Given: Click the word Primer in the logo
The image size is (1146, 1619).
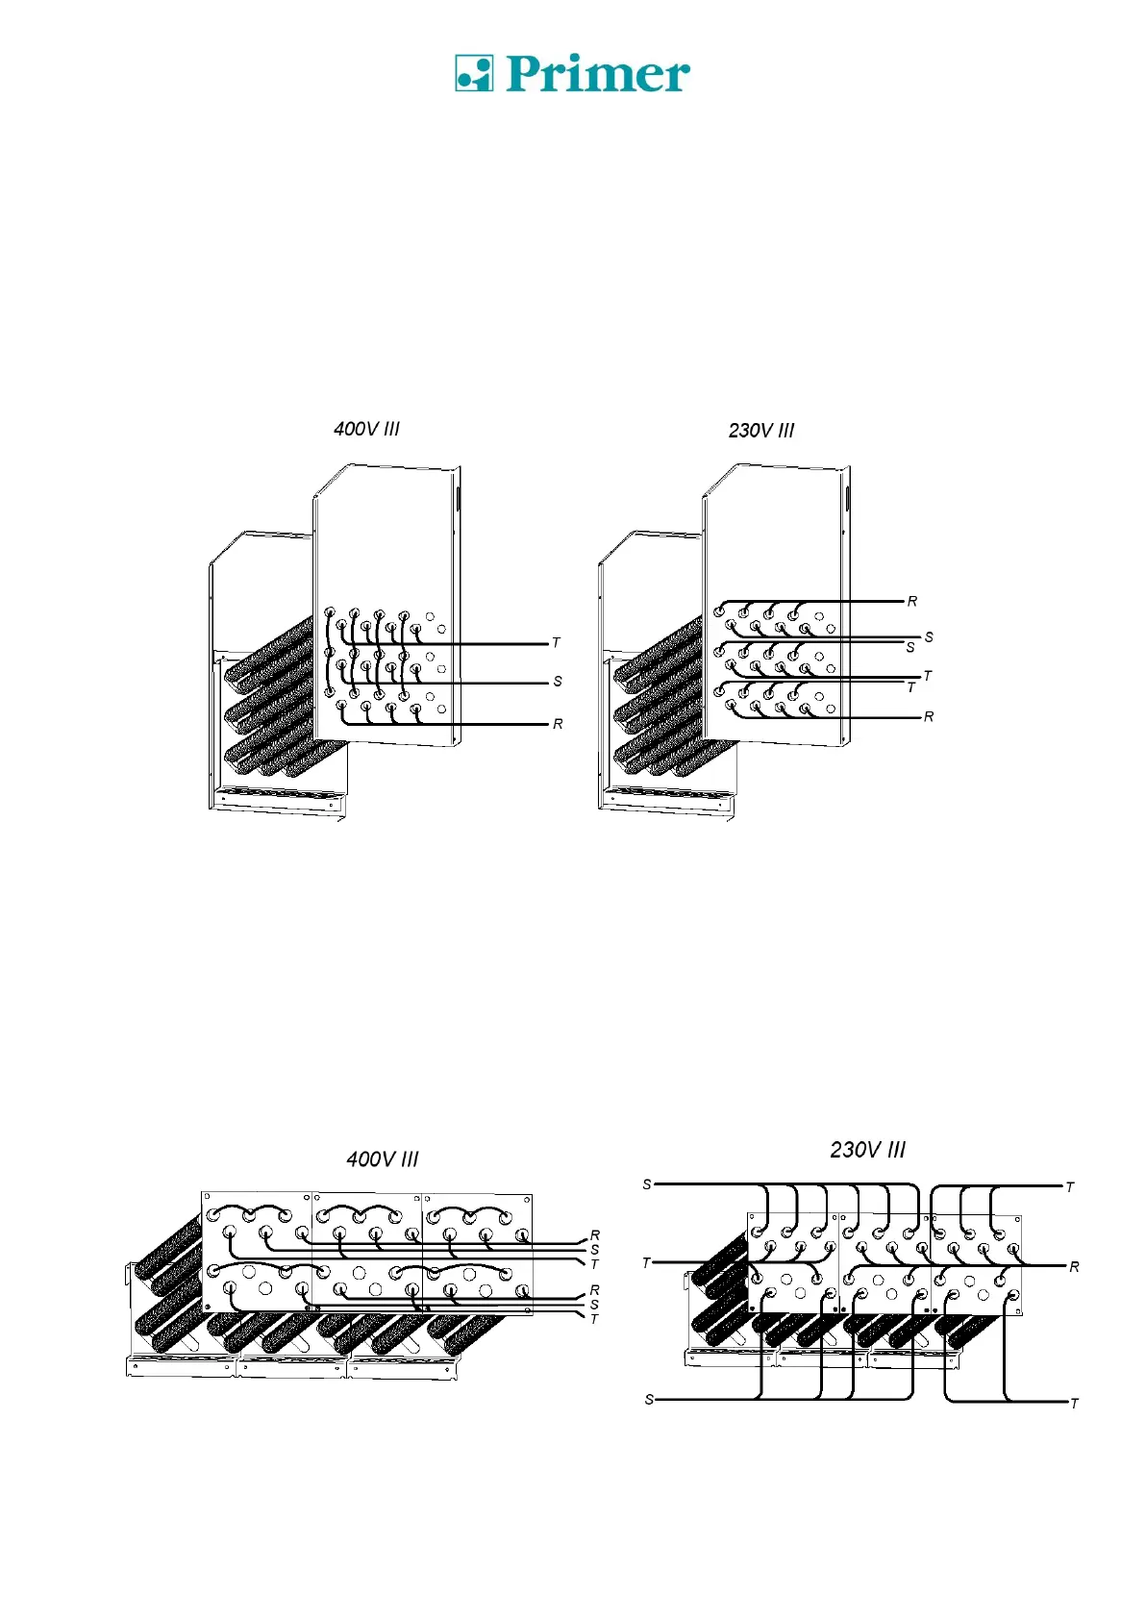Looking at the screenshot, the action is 597,74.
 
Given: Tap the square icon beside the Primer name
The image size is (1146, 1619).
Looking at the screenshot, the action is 473,73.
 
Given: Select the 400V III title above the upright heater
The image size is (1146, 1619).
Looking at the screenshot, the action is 366,429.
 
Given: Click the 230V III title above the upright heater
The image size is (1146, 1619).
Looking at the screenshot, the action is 761,431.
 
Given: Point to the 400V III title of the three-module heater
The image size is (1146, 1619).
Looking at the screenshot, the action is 383,1159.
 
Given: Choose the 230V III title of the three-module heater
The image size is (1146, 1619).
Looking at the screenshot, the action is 867,1150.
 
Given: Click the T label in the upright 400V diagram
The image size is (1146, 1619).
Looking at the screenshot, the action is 556,643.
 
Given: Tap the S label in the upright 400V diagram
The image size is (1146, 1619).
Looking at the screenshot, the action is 558,682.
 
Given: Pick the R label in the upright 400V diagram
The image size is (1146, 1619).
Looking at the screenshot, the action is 558,724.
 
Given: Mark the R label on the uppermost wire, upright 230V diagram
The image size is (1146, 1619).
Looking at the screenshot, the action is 912,602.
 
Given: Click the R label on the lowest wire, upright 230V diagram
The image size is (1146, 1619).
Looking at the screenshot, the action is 929,717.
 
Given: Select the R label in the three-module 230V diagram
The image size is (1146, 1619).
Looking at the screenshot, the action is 1074,1267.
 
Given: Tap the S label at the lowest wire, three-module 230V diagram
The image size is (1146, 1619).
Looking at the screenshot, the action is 649,1400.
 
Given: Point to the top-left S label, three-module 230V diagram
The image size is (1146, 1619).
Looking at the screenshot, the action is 647,1184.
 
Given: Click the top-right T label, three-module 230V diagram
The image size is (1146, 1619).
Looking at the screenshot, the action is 1070,1187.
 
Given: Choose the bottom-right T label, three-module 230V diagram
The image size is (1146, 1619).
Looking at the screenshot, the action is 1074,1404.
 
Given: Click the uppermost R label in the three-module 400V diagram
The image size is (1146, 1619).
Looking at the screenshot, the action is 595,1235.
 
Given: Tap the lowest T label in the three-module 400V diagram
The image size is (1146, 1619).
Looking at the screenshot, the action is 594,1319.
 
